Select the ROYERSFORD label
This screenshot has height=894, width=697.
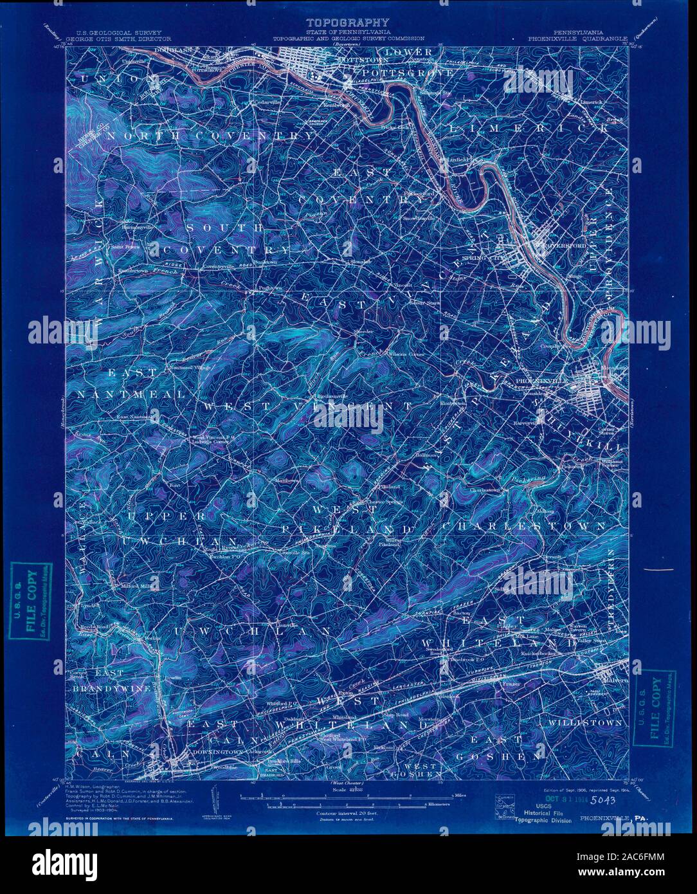(x=564, y=245)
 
